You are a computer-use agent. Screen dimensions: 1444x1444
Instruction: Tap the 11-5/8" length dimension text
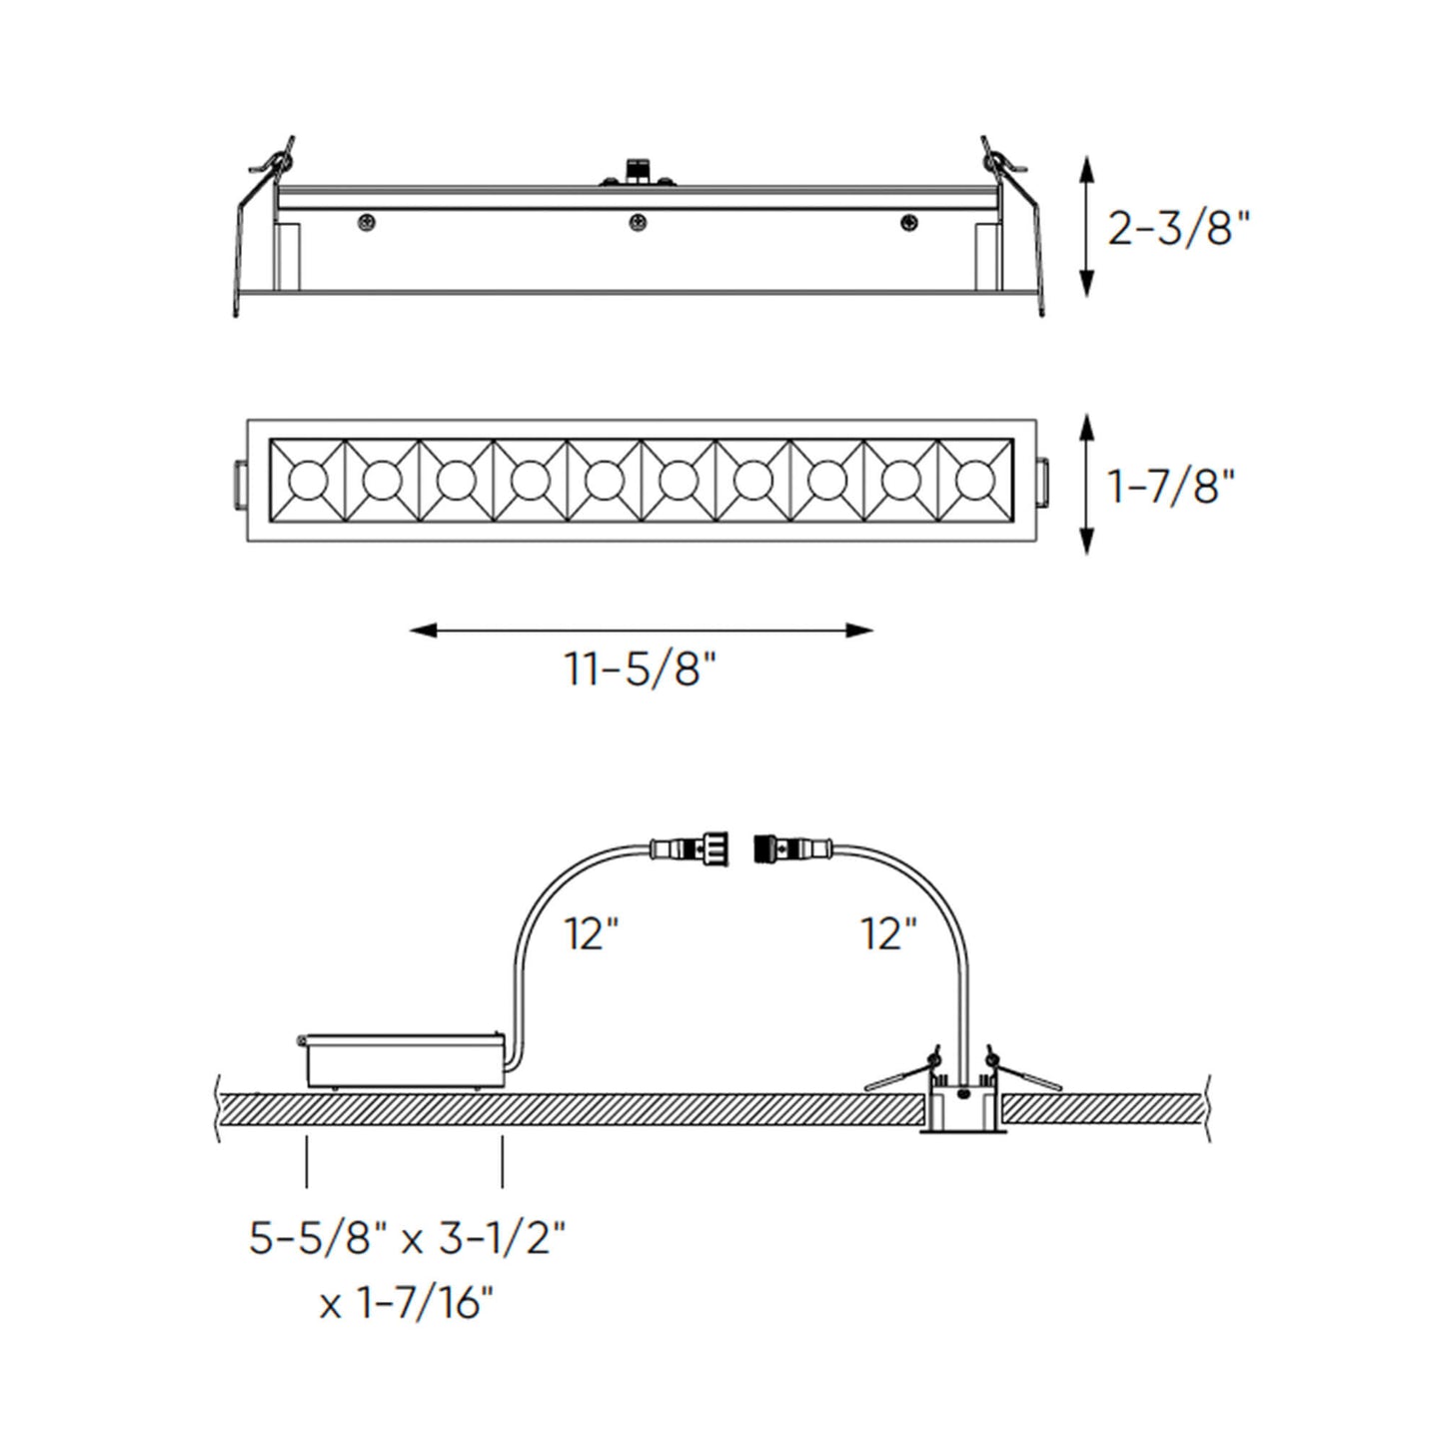tap(641, 669)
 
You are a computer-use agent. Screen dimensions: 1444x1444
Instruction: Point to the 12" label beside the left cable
tap(592, 934)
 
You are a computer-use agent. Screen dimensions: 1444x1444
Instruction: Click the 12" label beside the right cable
tap(888, 934)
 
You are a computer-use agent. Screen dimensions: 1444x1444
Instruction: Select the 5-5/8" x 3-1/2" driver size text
tap(408, 1240)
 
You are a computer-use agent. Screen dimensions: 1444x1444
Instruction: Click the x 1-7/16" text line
tap(407, 1303)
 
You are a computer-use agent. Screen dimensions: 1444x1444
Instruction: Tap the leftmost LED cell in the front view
tap(308, 481)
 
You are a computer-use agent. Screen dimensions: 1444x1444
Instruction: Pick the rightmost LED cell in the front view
tap(974, 481)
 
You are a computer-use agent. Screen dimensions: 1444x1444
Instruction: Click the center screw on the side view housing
tap(637, 223)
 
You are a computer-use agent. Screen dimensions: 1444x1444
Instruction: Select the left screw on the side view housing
tap(368, 223)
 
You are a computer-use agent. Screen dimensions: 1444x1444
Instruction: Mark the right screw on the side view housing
tap(908, 223)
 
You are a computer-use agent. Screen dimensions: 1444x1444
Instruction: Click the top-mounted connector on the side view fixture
tap(636, 171)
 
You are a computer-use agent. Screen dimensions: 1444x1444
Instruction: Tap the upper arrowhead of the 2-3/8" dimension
tap(1088, 170)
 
